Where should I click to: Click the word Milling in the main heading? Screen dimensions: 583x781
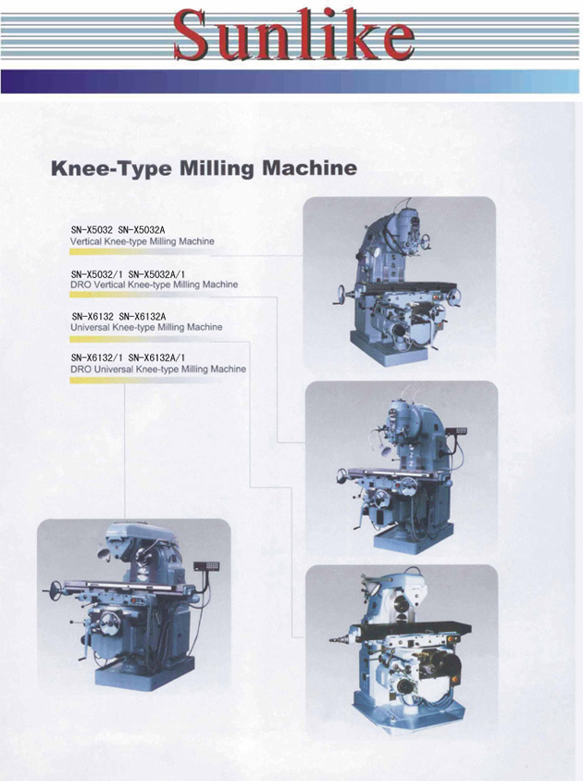[x=217, y=169]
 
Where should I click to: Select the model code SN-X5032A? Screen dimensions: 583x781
[x=142, y=230]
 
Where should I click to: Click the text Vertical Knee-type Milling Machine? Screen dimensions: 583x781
[x=143, y=242]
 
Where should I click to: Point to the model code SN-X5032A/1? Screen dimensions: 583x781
[x=156, y=274]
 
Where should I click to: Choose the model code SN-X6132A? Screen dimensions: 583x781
[x=143, y=317]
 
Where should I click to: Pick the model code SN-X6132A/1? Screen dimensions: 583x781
[x=156, y=358]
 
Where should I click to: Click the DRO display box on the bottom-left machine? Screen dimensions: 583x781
[x=206, y=566]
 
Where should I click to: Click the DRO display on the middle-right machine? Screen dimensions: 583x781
[x=457, y=431]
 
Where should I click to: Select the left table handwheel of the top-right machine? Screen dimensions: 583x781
[x=341, y=294]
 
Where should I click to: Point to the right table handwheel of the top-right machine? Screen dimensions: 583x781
[x=453, y=296]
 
